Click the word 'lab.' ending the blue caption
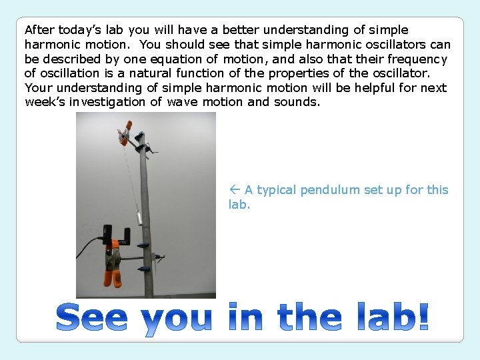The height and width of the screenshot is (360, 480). tap(239, 205)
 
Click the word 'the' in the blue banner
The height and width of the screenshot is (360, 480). tap(310, 317)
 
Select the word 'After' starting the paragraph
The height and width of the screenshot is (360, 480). tap(39, 30)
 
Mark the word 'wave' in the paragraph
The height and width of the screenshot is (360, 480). tap(182, 102)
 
